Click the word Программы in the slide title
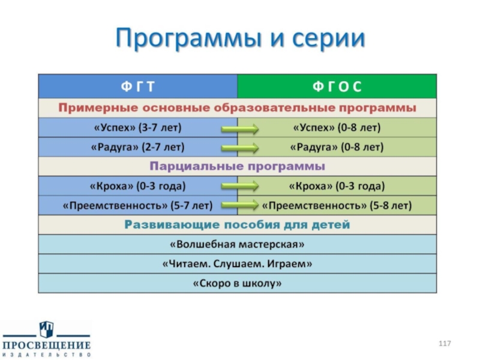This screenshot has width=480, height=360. click(x=181, y=40)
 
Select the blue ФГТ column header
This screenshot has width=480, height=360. click(x=138, y=87)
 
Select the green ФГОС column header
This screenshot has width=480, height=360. click(x=337, y=87)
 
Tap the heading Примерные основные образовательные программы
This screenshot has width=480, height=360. click(x=237, y=108)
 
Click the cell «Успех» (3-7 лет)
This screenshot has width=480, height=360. click(x=137, y=128)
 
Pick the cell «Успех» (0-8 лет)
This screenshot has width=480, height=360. click(x=337, y=128)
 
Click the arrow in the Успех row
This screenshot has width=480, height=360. click(x=239, y=128)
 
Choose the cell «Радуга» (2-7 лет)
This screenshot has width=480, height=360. click(x=137, y=146)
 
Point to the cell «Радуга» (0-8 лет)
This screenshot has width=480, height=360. click(x=337, y=146)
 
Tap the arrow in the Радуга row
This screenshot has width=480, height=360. click(x=239, y=147)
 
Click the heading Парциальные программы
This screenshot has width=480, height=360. click(x=237, y=166)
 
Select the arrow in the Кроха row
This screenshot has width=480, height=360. click(x=239, y=186)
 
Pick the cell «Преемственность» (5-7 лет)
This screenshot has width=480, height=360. click(x=137, y=205)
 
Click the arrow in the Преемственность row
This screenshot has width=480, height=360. click(x=239, y=205)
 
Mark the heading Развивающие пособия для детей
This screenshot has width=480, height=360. click(x=237, y=225)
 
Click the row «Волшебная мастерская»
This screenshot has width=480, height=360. click(x=237, y=244)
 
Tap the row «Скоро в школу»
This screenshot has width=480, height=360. click(x=237, y=283)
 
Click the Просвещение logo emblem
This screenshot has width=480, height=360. click(x=46, y=329)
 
